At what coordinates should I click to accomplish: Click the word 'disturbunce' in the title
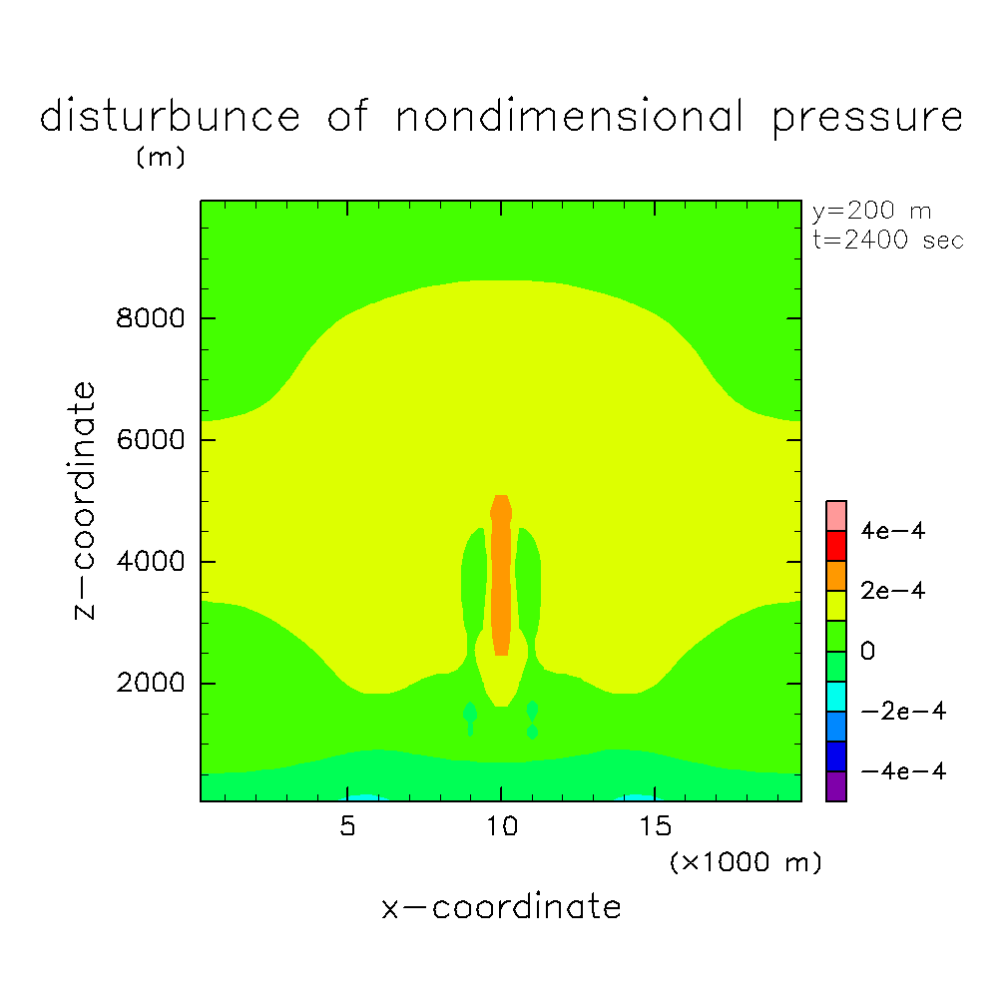click(x=170, y=118)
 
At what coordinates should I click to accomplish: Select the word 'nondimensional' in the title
click(x=570, y=118)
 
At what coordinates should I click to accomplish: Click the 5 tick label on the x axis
click(x=347, y=827)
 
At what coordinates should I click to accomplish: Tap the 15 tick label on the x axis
click(x=655, y=827)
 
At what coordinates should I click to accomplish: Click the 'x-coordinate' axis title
click(x=501, y=907)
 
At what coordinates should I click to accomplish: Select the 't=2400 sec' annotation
click(x=887, y=241)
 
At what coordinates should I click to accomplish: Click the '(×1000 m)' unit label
click(x=746, y=862)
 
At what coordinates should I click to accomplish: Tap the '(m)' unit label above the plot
click(x=160, y=158)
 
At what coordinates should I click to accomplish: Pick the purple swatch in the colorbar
click(x=836, y=786)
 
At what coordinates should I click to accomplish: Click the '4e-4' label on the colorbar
click(x=893, y=531)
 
